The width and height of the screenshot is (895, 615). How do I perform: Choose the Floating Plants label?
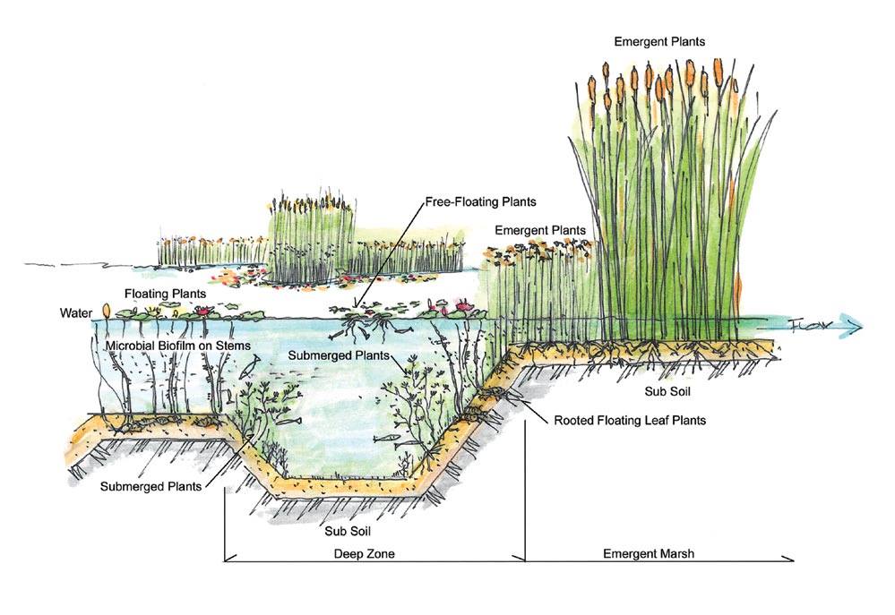click(166, 293)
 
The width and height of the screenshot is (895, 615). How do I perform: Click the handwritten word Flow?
click(811, 323)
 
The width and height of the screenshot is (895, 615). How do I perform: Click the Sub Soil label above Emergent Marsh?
click(667, 391)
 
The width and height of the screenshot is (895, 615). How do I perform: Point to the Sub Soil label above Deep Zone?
click(347, 529)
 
